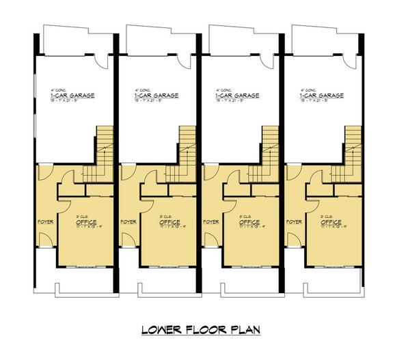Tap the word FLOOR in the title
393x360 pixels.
pos(204,331)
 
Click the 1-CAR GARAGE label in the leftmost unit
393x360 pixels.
pos(72,96)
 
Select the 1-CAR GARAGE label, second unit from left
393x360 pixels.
pos(154,96)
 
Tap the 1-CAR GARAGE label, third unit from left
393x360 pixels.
pos(238,96)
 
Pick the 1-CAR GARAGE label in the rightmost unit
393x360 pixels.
pos(321,96)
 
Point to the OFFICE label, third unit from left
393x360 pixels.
pos(252,222)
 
